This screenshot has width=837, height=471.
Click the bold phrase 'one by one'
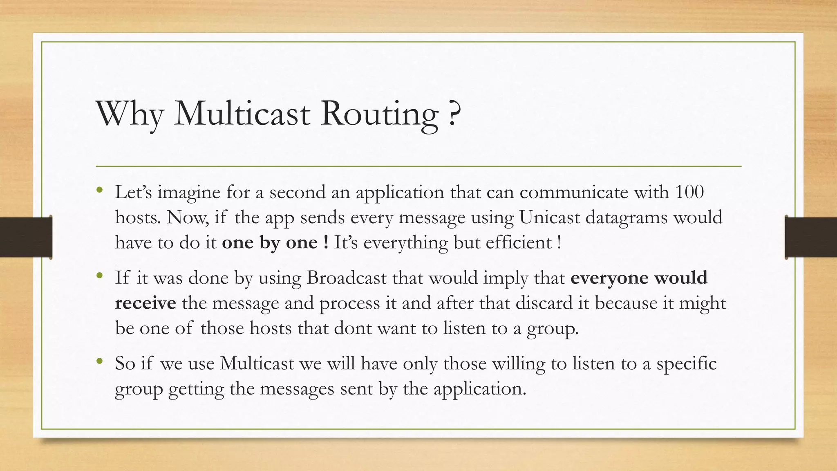pos(270,242)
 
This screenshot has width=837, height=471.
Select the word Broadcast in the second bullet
pos(347,278)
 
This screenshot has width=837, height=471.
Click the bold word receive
pos(145,303)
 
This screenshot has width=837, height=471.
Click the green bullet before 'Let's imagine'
pos(100,189)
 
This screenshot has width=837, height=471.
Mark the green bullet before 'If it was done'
pos(100,276)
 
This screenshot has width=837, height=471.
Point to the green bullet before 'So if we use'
pos(100,361)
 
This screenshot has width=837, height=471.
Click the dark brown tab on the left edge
pos(26,237)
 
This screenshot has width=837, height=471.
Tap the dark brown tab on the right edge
pos(811,237)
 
